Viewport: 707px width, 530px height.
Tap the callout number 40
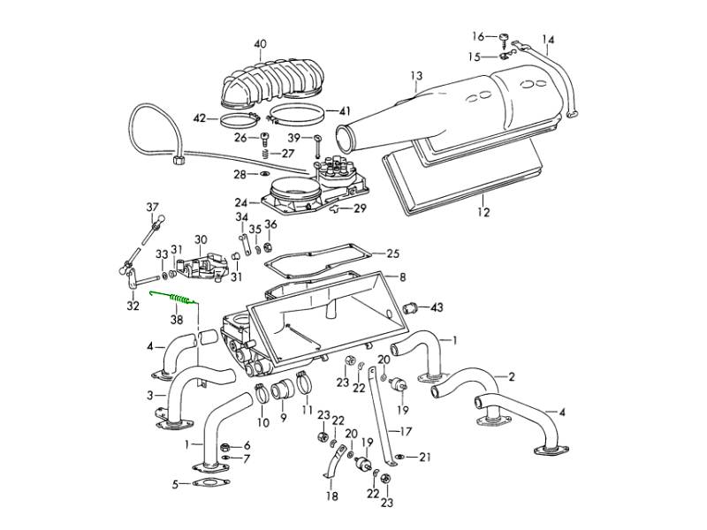point(259,44)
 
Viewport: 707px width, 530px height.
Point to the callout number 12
point(483,212)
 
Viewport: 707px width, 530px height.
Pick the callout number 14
point(549,39)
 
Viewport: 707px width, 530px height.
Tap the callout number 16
point(478,36)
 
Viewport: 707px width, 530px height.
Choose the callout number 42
point(200,118)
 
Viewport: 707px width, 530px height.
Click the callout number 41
point(345,111)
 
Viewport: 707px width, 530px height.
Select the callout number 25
point(392,253)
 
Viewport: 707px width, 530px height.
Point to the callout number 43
point(436,307)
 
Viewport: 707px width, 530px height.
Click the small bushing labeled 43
point(410,307)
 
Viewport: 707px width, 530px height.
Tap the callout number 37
point(151,208)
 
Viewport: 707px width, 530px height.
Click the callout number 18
point(332,496)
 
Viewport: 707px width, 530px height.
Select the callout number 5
point(175,483)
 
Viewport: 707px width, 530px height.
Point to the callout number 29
point(360,208)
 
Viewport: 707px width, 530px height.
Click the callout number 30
point(201,239)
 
